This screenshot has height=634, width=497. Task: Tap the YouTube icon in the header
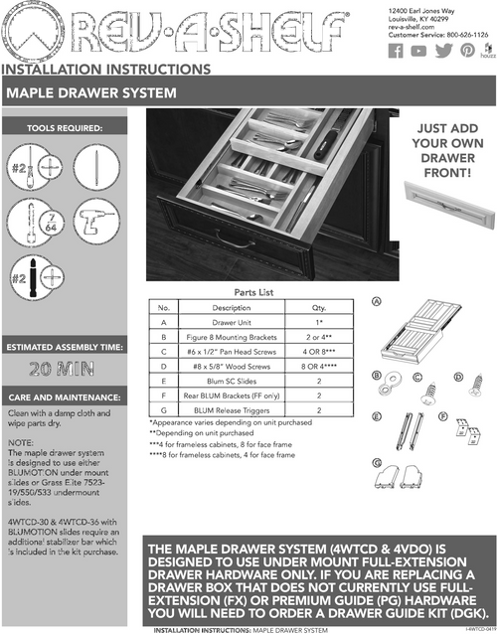click(418, 52)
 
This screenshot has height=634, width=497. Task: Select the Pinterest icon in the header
click(466, 52)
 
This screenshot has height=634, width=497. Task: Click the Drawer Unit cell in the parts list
click(231, 323)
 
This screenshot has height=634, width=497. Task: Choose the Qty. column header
click(318, 308)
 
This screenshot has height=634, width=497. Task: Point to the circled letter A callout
click(377, 301)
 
